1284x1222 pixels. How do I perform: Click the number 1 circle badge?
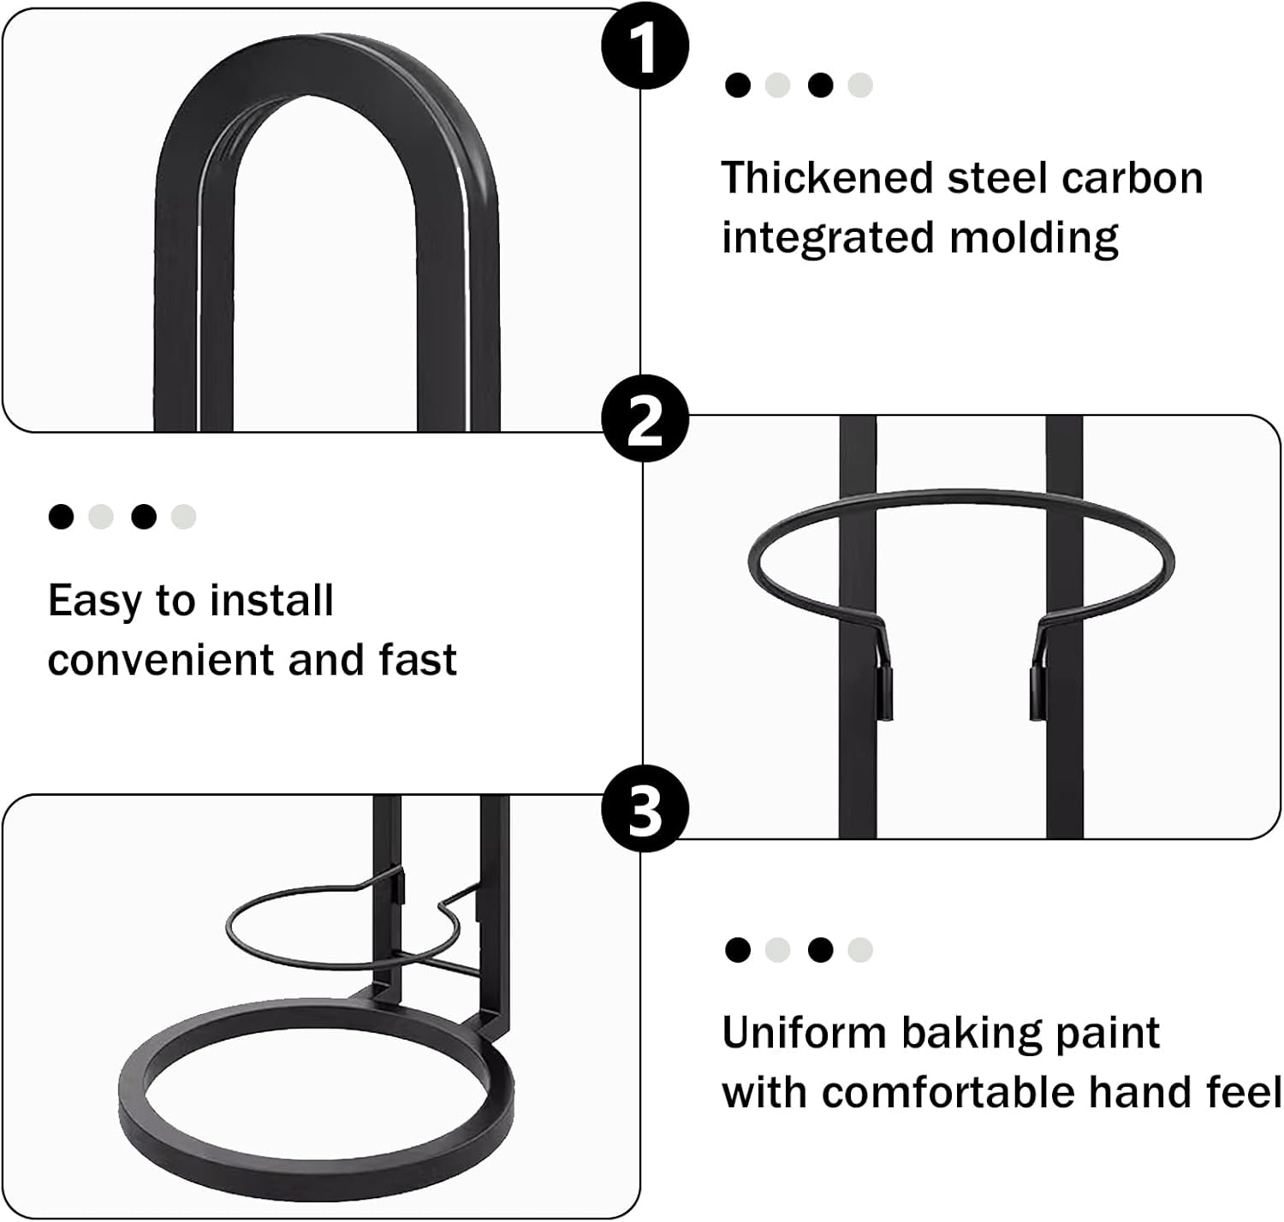point(645,46)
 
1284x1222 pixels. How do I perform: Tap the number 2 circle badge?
point(645,418)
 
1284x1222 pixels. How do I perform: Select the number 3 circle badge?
point(645,809)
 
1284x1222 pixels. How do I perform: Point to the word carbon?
point(1132,179)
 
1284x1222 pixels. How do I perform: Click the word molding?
point(1034,239)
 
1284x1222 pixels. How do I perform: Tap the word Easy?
point(94,602)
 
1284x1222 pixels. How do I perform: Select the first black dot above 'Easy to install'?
point(62,517)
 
